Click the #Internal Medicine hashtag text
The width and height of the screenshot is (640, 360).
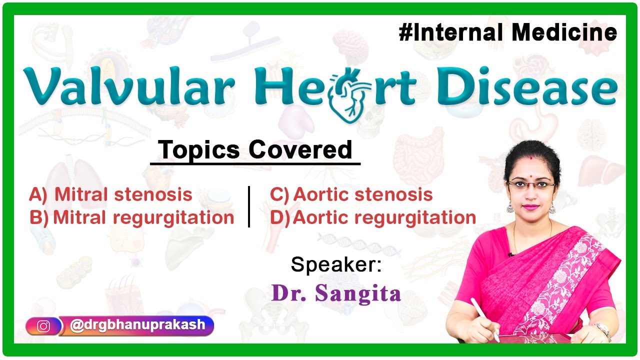coord(508,33)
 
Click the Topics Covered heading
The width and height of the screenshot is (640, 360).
coord(255,149)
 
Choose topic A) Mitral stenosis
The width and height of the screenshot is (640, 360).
coord(110,194)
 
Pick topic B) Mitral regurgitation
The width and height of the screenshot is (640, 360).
coord(131,218)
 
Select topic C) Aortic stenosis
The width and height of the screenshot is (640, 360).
coord(351,194)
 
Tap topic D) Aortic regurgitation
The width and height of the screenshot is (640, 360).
coord(372,218)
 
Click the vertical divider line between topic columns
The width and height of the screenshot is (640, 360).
coord(249,206)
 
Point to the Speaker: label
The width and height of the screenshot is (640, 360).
coord(336,264)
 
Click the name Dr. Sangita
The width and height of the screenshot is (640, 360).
coord(336,293)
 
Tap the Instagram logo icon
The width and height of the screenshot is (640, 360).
coord(44,326)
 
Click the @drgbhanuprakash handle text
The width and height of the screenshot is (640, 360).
coord(137,325)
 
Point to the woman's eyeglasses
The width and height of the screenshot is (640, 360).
coord(531,184)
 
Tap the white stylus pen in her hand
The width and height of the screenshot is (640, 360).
coord(484,319)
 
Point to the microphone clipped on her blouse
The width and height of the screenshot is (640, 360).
coord(511,254)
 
